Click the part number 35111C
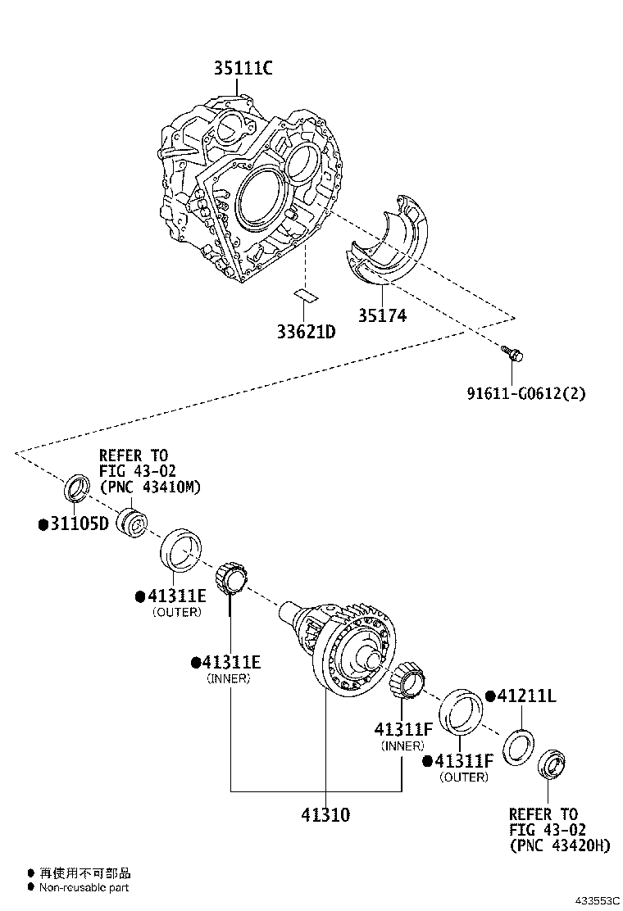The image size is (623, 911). [243, 69]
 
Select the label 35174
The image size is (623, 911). [381, 315]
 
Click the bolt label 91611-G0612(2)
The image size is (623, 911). [526, 392]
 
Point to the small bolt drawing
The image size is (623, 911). [512, 353]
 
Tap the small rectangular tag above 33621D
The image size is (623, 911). [305, 294]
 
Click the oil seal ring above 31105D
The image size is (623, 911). [77, 488]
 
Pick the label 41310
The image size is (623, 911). [325, 815]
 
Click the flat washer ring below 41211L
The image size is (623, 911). [519, 748]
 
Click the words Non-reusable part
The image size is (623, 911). [85, 887]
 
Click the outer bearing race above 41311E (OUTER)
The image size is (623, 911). [181, 550]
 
